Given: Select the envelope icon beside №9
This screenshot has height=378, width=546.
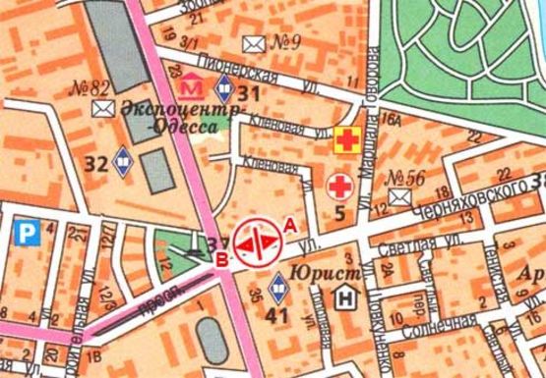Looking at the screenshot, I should point(255,42).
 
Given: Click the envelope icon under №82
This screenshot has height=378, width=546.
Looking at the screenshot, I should point(102,110).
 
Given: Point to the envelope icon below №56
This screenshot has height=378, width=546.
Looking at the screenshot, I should point(399,197).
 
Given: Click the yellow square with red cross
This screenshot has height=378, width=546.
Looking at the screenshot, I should point(345,139).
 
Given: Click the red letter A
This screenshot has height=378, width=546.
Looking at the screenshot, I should point(289,226).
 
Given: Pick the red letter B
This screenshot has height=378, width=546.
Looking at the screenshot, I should point(222,258).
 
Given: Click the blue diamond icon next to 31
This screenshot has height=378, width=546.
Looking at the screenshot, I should point(225,93).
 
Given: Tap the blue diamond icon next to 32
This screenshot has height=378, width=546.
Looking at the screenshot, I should point(123,159).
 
